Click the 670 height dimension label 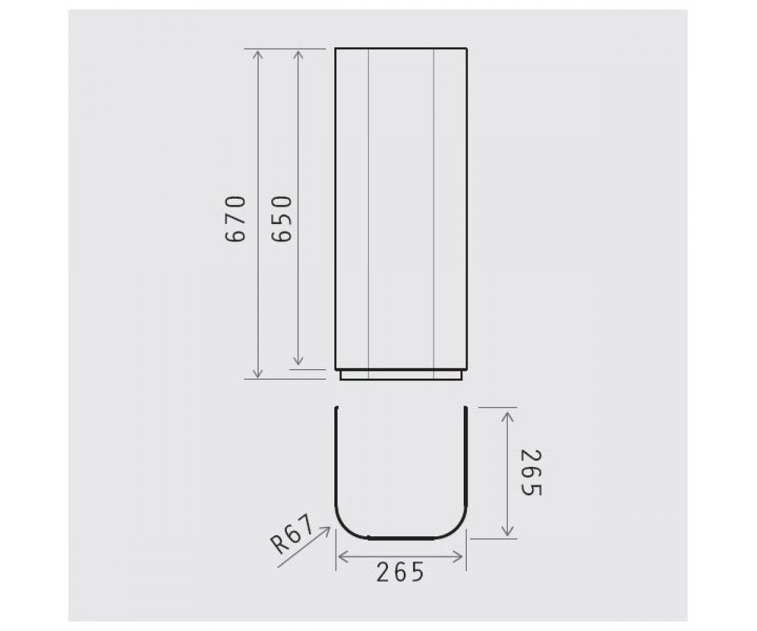tap(235, 219)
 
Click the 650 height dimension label tap(281, 219)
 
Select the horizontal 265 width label tap(400, 572)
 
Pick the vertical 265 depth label tap(531, 473)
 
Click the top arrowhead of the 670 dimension tap(257, 54)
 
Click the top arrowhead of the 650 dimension tap(298, 54)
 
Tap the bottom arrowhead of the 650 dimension tap(298, 361)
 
